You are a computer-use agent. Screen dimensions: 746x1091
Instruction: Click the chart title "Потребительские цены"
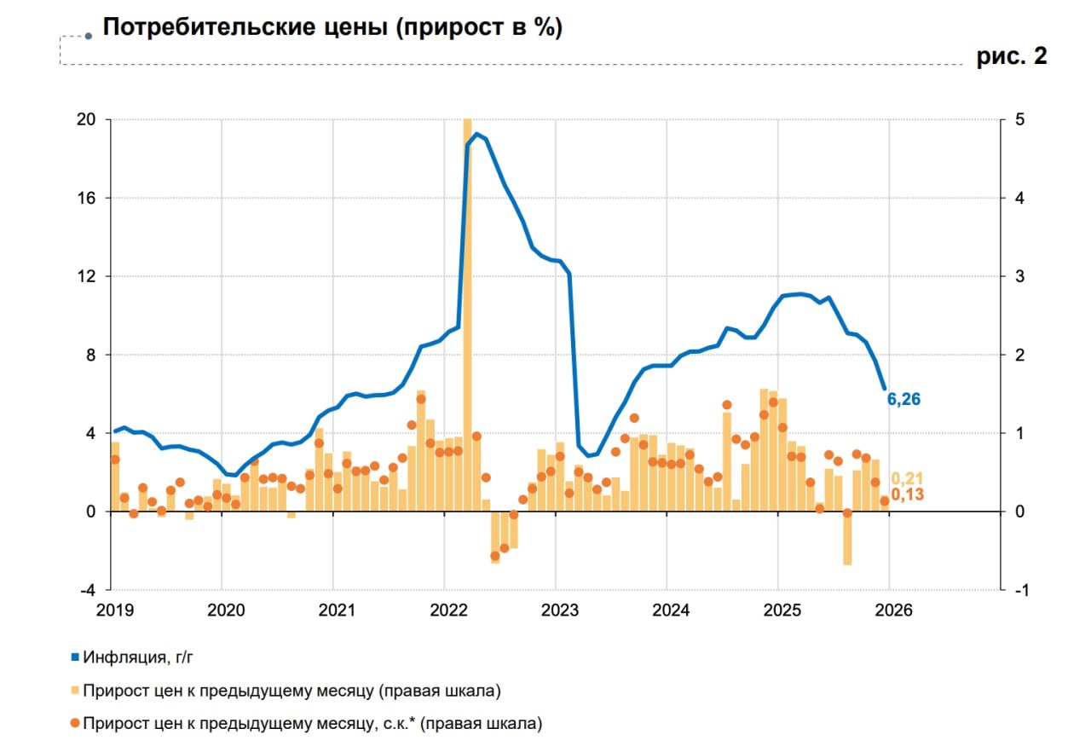tap(332, 27)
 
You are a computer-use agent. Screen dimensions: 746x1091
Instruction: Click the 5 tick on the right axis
tap(1017, 120)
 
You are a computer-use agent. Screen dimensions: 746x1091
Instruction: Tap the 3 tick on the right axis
tap(1017, 277)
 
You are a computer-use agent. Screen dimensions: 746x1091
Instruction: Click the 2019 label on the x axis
tap(114, 610)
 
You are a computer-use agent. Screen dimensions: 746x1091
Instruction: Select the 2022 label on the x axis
tap(447, 610)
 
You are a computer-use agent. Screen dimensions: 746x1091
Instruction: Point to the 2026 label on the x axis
tap(892, 610)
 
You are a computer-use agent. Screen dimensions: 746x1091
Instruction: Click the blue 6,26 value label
tap(904, 399)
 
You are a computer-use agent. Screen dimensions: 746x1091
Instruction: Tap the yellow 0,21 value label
tap(907, 478)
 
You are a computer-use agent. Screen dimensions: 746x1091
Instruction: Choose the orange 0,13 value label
tap(907, 494)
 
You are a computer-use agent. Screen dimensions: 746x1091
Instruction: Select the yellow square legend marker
tap(75, 689)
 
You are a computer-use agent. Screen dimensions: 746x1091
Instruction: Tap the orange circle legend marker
tap(75, 723)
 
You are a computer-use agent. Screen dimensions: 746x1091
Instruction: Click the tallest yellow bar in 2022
tap(467, 315)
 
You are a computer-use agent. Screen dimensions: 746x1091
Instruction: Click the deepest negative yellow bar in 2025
tap(847, 537)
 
